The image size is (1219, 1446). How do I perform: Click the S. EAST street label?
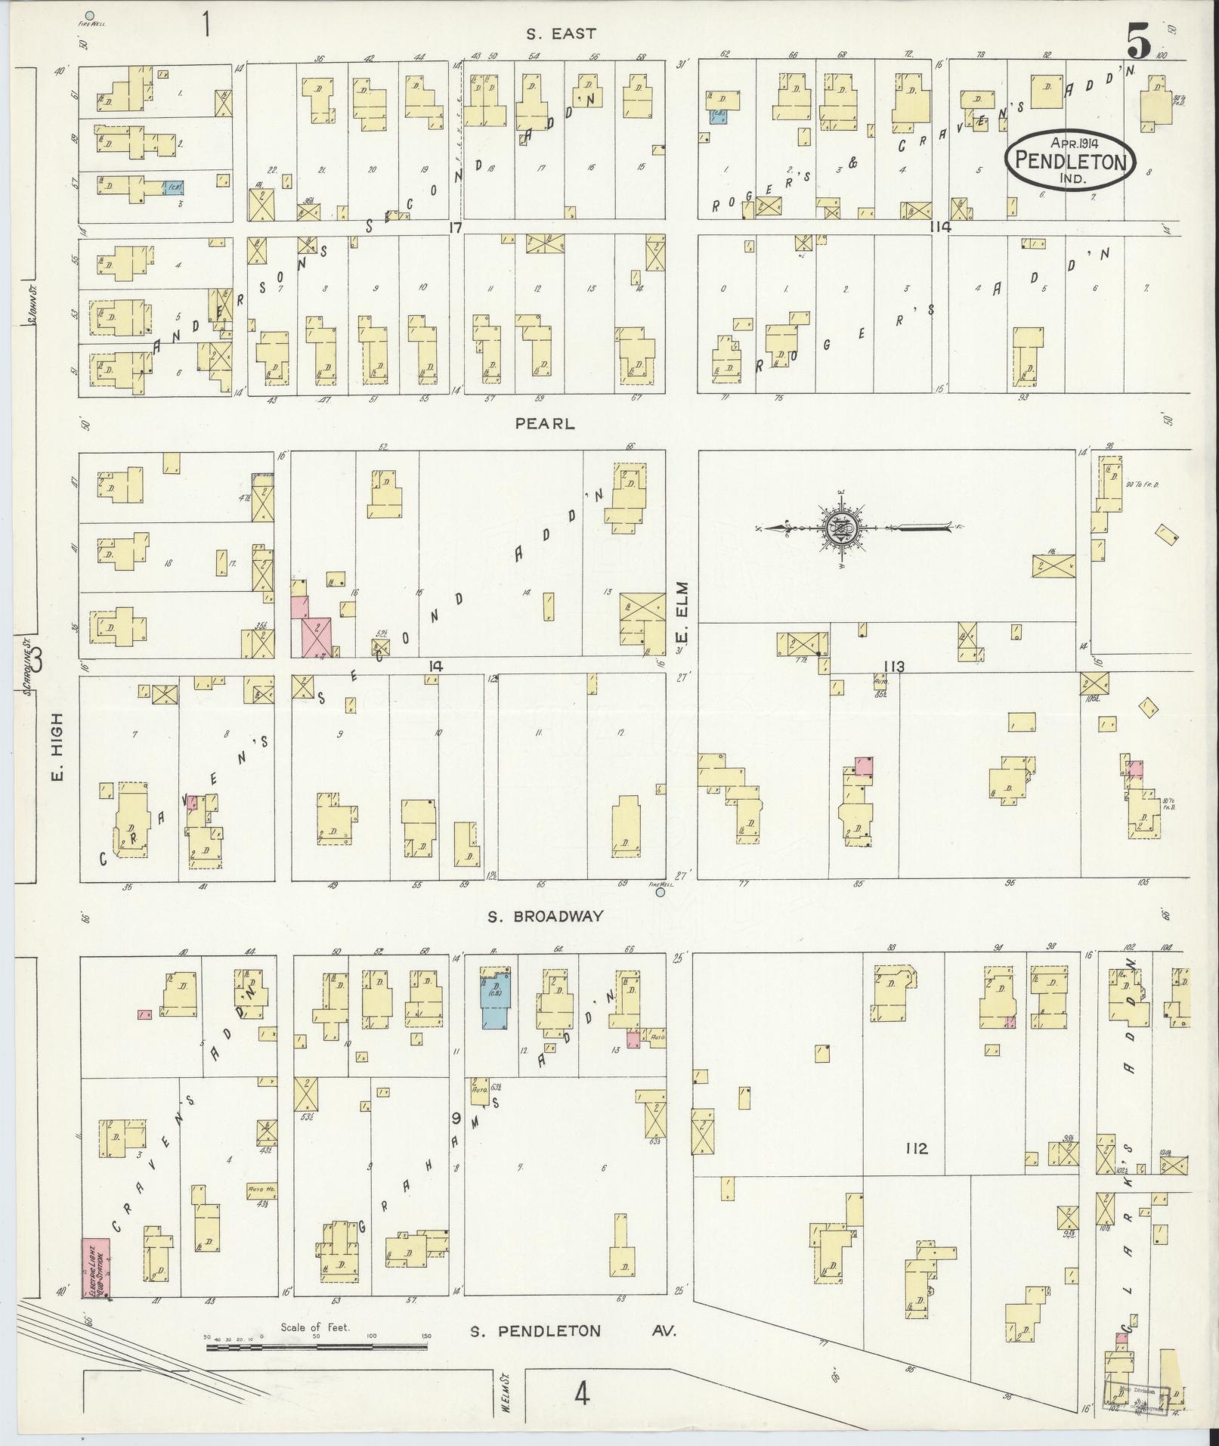tap(561, 33)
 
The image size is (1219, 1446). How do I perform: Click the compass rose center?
tap(840, 528)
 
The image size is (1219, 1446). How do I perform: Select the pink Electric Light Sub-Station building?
tap(96, 1267)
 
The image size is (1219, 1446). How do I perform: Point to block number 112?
tap(915, 1170)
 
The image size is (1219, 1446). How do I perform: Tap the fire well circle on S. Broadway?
tap(661, 892)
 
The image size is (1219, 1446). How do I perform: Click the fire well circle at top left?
tap(90, 14)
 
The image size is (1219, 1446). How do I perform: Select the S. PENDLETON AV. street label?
tap(572, 1331)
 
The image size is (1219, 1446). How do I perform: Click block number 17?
tap(453, 227)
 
